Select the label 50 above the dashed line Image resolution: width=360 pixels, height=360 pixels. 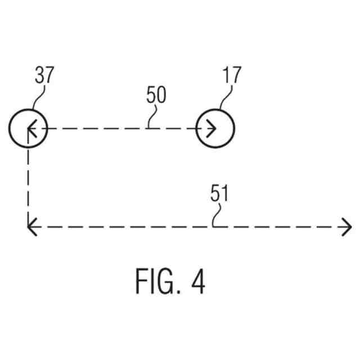156,96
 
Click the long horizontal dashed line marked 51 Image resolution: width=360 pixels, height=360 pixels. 169,227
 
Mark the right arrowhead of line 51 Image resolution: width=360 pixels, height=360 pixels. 346,227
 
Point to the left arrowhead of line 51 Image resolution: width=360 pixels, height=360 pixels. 31,227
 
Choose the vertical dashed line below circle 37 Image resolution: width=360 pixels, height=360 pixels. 27,180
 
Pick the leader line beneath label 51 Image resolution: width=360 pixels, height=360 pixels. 215,216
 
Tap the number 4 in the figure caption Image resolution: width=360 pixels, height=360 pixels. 197,281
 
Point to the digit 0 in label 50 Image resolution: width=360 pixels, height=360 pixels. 161,96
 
